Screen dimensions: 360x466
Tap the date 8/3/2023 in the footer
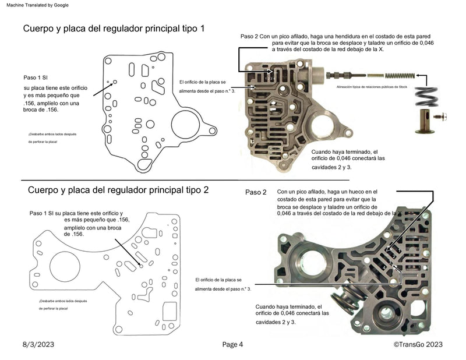[40, 344]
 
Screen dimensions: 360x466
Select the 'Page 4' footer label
[232, 344]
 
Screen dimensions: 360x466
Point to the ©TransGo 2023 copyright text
[418, 344]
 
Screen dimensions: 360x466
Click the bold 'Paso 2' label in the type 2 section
[256, 192]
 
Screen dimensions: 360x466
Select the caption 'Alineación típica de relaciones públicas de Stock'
[371, 86]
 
